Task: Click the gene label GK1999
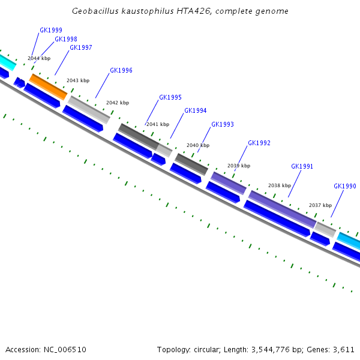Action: click(x=51, y=30)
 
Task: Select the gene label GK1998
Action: click(x=66, y=39)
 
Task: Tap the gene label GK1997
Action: click(x=81, y=47)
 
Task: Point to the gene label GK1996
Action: click(x=121, y=70)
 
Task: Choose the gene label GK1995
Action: click(x=170, y=97)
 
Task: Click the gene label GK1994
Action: click(x=196, y=110)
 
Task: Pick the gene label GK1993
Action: click(x=223, y=124)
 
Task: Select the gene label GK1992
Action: click(x=259, y=143)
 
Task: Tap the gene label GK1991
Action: click(x=302, y=166)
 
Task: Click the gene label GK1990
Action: click(x=345, y=186)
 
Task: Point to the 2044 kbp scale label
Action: click(x=39, y=59)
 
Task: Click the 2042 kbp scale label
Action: click(x=118, y=103)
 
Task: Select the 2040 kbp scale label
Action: click(x=198, y=145)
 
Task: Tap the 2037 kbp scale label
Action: click(x=320, y=205)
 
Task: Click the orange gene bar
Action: click(x=48, y=86)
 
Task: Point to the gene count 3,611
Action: click(x=344, y=349)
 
